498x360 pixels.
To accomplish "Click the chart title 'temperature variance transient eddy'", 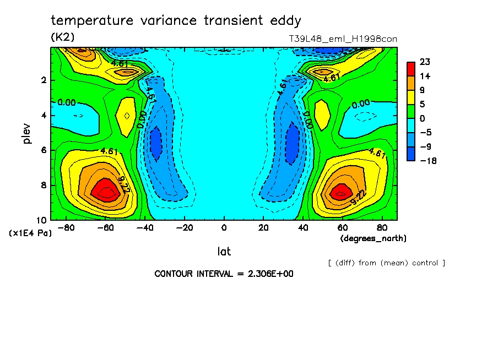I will (176, 21).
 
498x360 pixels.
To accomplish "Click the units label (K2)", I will (62, 37).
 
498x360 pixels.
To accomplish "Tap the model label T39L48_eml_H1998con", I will (343, 39).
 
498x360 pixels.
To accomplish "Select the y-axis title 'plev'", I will (27, 133).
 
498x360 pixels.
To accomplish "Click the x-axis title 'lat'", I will (224, 252).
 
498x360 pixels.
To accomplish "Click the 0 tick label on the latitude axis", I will (224, 228).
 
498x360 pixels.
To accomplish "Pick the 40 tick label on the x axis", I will (302, 228).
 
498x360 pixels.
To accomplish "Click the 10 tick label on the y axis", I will (42, 220).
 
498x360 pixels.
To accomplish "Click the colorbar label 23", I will (424, 62).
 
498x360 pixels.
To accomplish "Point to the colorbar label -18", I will (427, 161).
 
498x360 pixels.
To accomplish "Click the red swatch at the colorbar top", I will (411, 68).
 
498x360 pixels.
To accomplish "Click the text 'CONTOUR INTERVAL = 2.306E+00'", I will (224, 274).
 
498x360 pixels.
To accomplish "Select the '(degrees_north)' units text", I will (373, 238).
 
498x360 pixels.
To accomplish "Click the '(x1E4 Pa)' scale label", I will (30, 233).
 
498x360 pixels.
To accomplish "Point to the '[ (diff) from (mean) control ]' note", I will (386, 263).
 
